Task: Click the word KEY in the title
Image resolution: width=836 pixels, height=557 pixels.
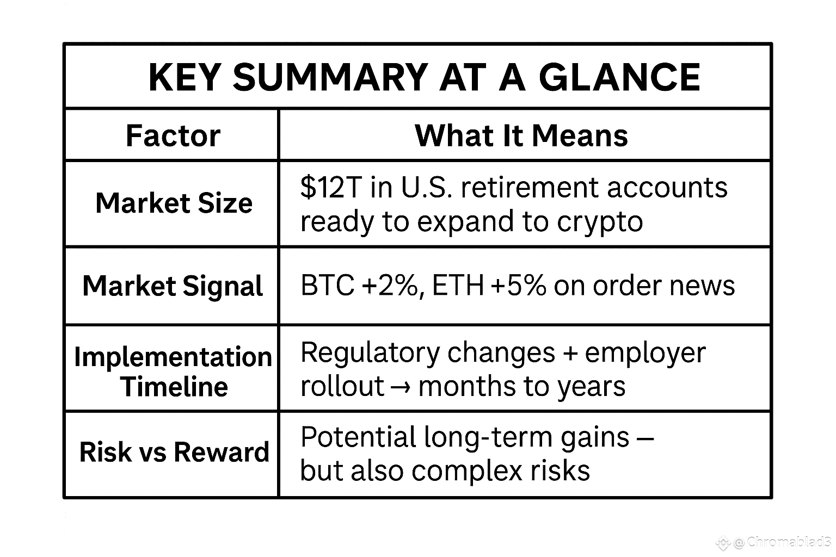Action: pos(185,77)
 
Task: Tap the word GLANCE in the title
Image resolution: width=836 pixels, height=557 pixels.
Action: pos(619,77)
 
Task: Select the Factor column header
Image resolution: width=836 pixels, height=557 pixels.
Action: pos(173,135)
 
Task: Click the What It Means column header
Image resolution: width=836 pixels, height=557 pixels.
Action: pos(521,135)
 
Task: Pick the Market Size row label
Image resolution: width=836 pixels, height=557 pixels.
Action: pos(174,203)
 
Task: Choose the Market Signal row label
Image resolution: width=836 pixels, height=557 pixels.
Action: pos(173,286)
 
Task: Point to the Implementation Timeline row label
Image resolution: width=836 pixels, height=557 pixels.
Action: pos(173,372)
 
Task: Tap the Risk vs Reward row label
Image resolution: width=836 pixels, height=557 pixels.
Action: pos(174,452)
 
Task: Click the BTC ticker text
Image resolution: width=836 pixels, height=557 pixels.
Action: pos(327,286)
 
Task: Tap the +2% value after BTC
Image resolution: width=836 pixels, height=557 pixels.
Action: pos(390,286)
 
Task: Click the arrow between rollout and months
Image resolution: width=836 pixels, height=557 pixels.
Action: pos(401,388)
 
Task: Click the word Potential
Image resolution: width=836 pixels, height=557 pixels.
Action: pos(358,437)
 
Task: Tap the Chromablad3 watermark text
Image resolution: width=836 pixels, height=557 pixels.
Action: pos(788,542)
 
